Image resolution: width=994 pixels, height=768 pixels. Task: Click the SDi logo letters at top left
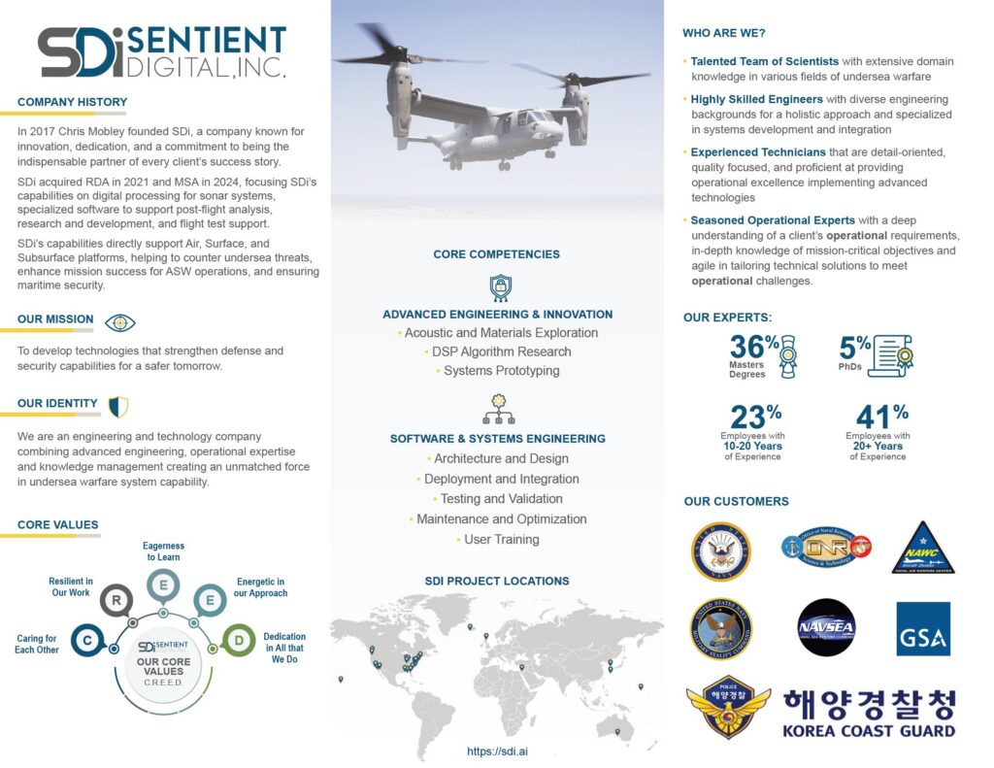[81, 52]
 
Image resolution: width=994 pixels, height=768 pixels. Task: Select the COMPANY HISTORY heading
[72, 102]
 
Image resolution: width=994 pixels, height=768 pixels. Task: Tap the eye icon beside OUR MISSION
[120, 322]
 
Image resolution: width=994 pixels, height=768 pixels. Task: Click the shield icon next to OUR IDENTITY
[118, 406]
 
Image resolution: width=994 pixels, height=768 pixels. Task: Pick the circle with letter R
[116, 601]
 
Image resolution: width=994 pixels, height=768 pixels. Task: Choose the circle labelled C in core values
[86, 641]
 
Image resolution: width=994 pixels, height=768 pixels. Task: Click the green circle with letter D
[238, 640]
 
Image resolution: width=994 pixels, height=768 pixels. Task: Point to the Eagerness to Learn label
[163, 551]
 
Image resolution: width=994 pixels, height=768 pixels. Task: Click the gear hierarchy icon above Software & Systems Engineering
[498, 409]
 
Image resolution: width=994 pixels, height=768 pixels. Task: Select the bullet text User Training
[501, 540]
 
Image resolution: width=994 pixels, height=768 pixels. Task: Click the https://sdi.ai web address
[497, 751]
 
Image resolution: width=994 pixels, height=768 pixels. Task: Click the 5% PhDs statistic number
[854, 347]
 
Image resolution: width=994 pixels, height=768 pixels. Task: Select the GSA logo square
[922, 628]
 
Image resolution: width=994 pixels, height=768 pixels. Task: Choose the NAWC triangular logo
[922, 550]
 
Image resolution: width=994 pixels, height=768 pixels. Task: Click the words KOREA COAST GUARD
[869, 731]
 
